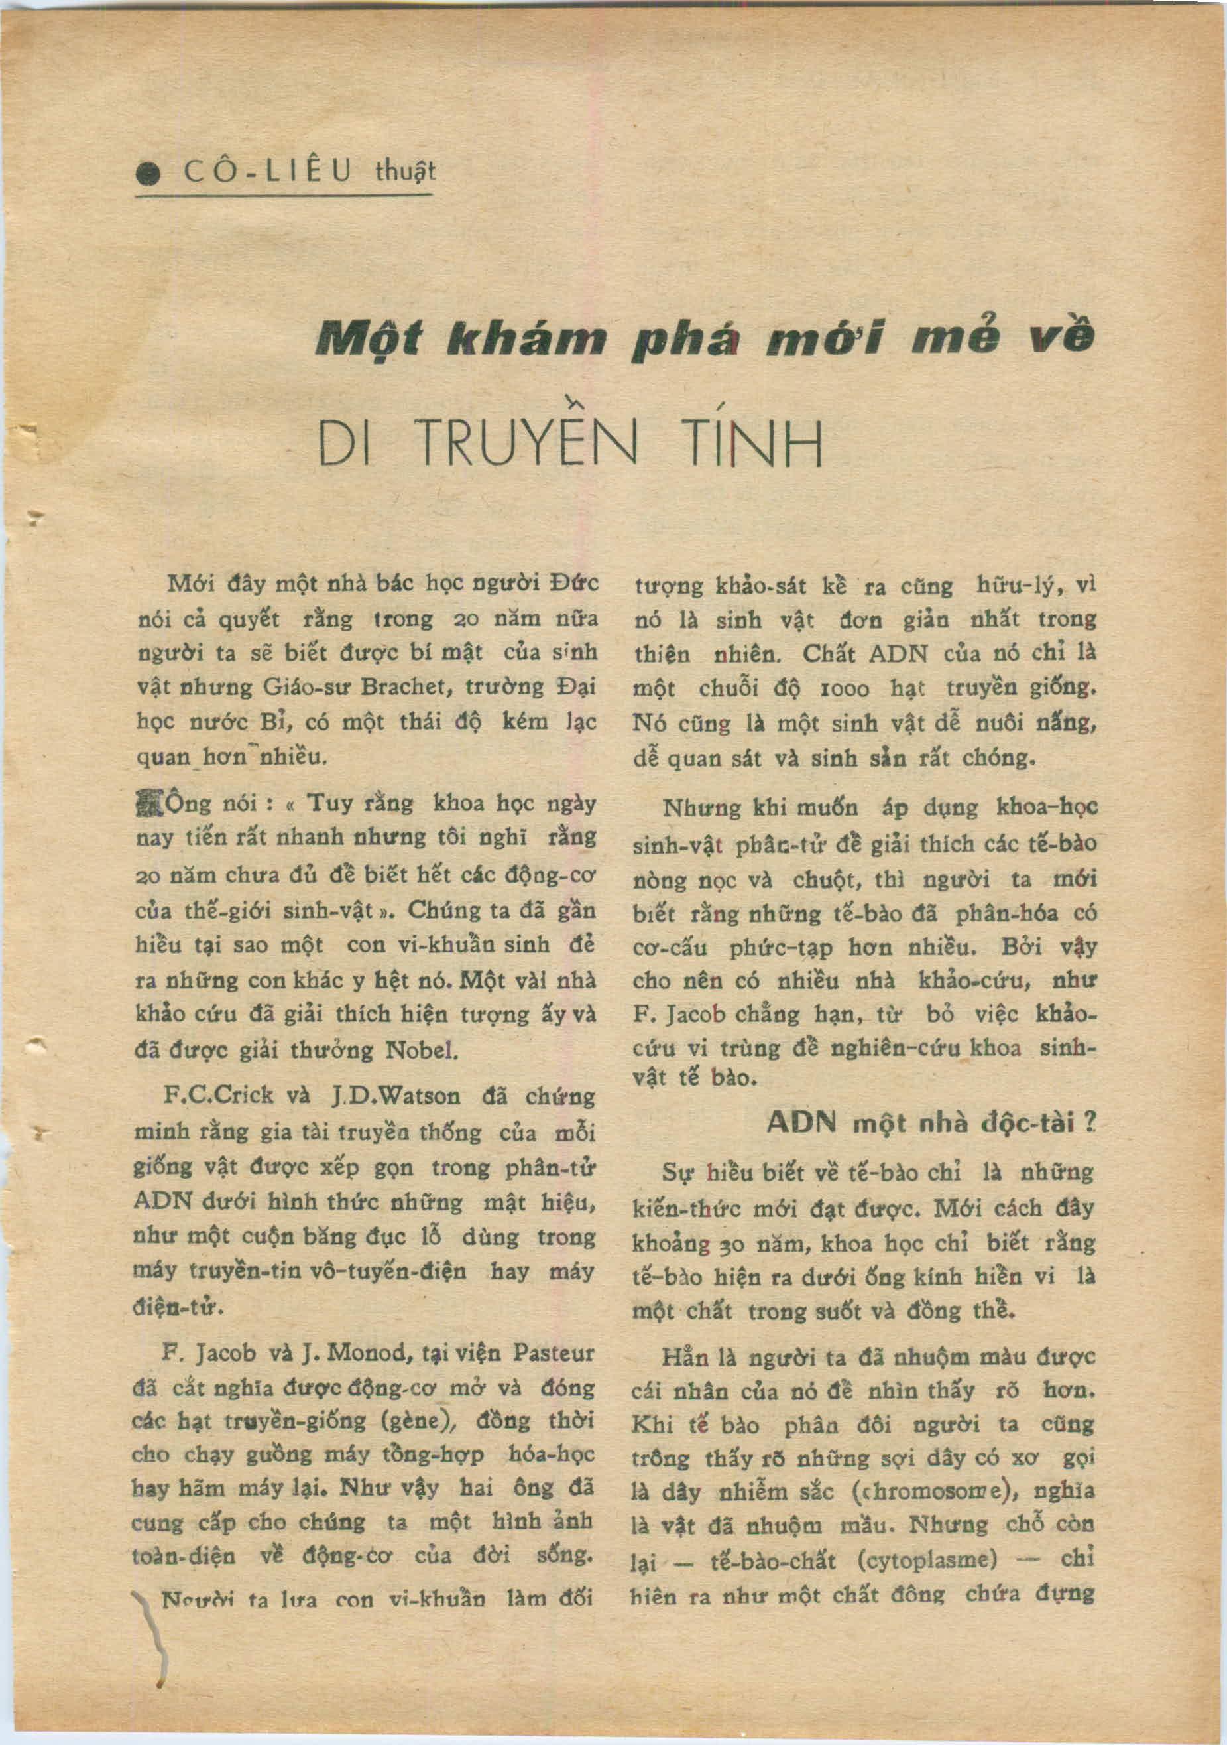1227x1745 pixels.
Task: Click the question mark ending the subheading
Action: click(x=1091, y=1124)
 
